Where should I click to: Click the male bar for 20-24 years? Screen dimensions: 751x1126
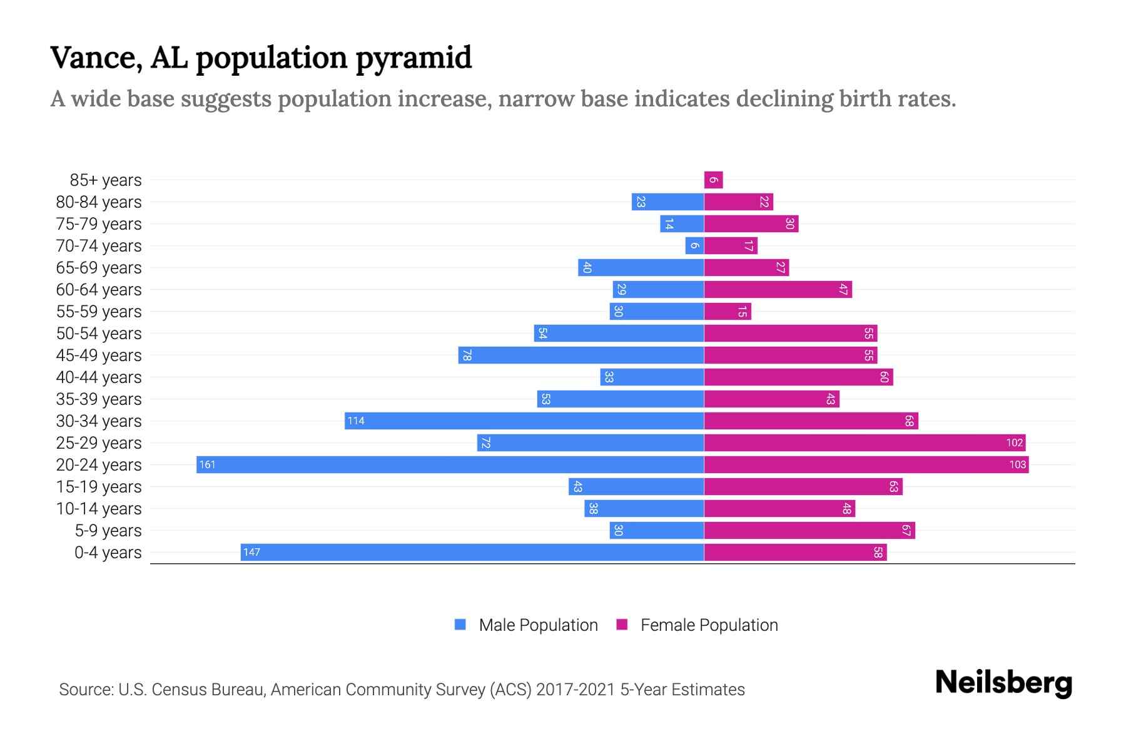tap(450, 464)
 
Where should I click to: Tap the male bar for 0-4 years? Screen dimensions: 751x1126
tap(472, 552)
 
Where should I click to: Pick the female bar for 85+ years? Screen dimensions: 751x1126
tap(713, 180)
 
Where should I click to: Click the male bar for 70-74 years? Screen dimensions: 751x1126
tap(694, 245)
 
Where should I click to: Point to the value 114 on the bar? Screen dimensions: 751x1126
tap(356, 421)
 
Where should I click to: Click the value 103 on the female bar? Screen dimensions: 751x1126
tap(1017, 464)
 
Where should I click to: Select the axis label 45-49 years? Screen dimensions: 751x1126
tap(99, 355)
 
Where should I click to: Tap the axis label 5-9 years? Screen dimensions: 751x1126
tap(108, 530)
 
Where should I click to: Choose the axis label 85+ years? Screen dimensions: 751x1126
tap(106, 180)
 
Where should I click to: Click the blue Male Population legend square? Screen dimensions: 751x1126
tap(460, 625)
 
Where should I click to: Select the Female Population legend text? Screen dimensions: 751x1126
tap(709, 625)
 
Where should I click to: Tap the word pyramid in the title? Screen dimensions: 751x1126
tap(413, 58)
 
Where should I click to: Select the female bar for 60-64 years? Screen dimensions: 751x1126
tap(778, 289)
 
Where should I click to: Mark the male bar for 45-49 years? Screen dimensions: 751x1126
tap(581, 355)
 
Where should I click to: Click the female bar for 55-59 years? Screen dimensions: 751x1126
tap(728, 311)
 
